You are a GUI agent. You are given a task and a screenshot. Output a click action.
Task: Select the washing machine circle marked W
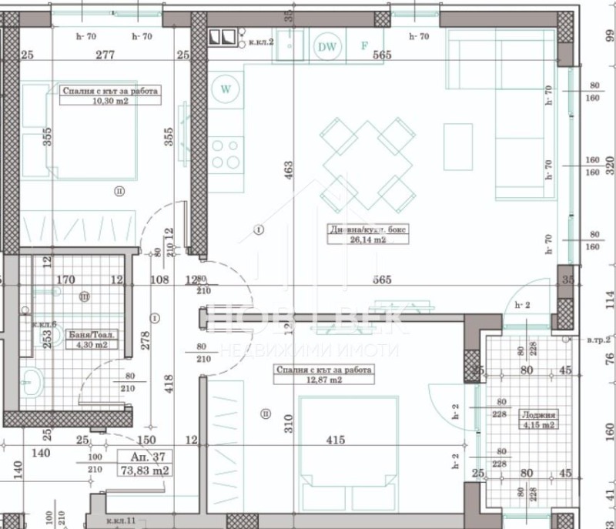coord(226,88)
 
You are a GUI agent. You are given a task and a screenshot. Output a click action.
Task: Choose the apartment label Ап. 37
coord(143,456)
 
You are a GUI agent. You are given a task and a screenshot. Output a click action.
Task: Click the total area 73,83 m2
coord(144,469)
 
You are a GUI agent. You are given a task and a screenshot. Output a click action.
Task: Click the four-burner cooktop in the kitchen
coord(226,152)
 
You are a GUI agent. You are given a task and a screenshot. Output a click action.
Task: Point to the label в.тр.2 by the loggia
coord(598,340)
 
